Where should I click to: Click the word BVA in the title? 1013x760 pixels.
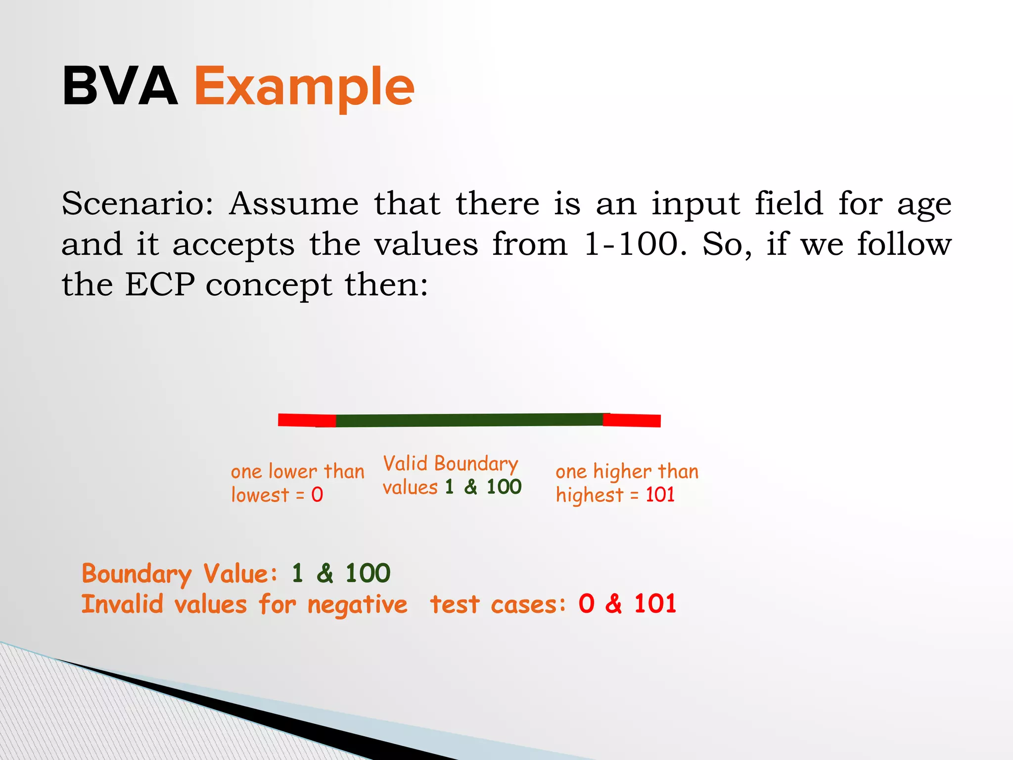coord(120,87)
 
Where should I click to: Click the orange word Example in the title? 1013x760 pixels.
coord(304,88)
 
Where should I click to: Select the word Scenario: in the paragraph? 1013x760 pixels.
coord(138,204)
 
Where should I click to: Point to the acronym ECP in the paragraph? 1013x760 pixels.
coord(160,285)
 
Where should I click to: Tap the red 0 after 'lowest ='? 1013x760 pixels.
coord(317,495)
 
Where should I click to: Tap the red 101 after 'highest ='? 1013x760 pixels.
coord(660,495)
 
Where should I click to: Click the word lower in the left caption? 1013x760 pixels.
coord(293,472)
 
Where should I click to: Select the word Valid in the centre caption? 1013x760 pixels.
coord(405,464)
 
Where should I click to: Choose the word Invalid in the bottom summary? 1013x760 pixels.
coord(122,604)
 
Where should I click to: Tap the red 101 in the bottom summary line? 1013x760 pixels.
coord(655,604)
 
